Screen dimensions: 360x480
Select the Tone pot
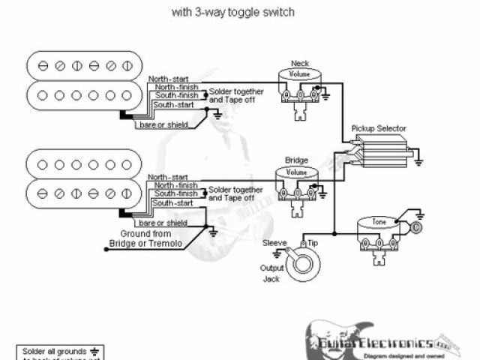(376, 223)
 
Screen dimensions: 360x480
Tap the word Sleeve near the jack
(274, 242)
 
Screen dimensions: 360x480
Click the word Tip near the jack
(314, 242)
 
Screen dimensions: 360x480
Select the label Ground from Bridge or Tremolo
(139, 239)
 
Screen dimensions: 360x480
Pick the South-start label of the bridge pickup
(173, 202)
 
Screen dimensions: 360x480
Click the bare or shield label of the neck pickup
(161, 124)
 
